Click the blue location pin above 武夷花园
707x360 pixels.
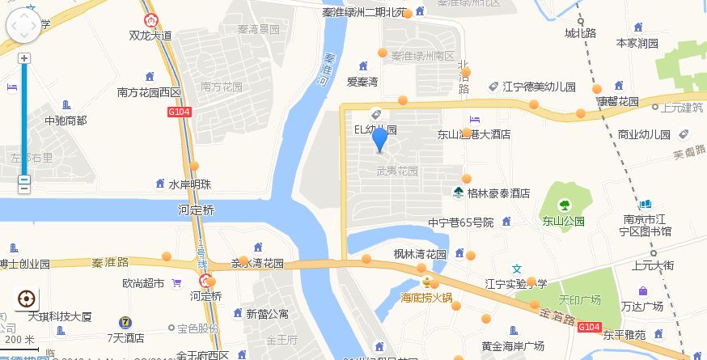tap(379, 140)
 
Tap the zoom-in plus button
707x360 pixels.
tap(24, 58)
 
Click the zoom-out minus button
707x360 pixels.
tap(24, 181)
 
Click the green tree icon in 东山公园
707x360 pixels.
tap(564, 204)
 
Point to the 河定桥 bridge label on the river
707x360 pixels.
tap(196, 210)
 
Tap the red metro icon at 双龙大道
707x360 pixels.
tap(150, 20)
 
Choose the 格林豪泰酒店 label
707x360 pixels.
tap(498, 193)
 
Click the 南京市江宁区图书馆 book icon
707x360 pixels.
tap(647, 205)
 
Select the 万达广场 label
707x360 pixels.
tap(642, 306)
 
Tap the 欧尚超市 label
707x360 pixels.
tap(143, 283)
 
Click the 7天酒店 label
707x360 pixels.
tap(125, 337)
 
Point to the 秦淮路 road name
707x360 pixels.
tap(110, 262)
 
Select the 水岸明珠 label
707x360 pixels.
tap(190, 184)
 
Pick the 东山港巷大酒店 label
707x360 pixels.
tap(474, 134)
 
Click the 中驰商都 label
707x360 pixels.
tap(66, 121)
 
